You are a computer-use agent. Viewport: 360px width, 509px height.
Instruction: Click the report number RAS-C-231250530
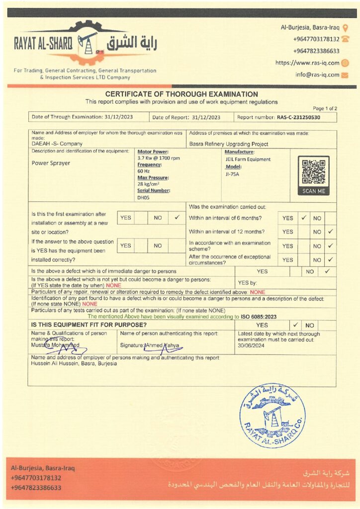point(298,117)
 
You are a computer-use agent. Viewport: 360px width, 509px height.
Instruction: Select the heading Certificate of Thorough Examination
point(181,94)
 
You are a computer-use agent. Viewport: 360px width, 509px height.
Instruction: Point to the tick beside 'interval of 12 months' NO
point(331,232)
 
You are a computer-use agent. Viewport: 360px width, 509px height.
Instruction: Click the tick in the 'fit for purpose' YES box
point(295,325)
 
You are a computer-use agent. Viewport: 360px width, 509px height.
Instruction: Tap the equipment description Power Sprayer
point(51,163)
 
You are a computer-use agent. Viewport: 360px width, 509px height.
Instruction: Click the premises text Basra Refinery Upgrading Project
point(229,144)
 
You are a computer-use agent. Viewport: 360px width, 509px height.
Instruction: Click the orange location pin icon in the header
point(346,27)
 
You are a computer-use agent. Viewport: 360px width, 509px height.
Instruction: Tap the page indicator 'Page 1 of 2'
point(325,108)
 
